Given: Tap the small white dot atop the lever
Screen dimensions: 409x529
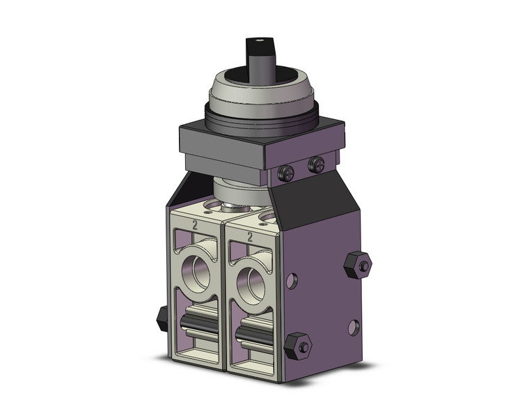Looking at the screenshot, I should click(258, 42).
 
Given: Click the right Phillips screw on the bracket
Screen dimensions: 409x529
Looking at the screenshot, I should click(316, 165).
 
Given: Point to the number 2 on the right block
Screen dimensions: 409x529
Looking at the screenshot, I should click(248, 236).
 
